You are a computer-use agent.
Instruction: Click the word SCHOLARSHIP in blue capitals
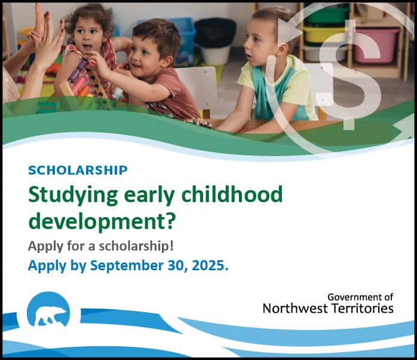point(78,170)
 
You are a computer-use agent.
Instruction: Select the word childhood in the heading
point(232,194)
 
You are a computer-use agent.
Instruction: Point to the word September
point(127,266)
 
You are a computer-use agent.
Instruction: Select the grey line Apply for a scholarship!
point(101,246)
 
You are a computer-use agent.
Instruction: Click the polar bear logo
point(48,309)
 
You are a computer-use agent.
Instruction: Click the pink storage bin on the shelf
point(376,45)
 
